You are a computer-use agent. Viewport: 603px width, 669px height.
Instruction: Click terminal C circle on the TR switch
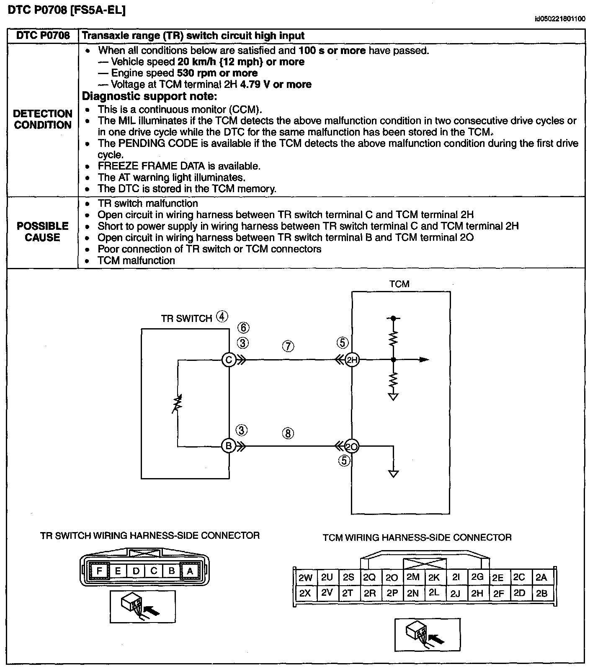[229, 360]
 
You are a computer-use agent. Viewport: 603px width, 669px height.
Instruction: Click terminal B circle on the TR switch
[229, 446]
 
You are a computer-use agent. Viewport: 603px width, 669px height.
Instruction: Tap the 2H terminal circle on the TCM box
[353, 360]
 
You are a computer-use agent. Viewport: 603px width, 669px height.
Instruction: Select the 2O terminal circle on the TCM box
[353, 447]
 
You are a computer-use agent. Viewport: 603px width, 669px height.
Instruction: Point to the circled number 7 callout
[288, 346]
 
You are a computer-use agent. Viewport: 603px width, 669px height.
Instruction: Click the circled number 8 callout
[288, 433]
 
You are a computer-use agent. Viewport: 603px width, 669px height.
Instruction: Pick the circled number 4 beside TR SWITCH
[222, 317]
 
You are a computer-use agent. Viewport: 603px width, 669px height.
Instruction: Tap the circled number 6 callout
[243, 328]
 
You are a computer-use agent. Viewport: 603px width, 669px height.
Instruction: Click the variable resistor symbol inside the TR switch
[178, 404]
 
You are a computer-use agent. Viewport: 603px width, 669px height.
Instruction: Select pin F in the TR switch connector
[99, 571]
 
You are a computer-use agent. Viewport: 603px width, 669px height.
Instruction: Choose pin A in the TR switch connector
[190, 571]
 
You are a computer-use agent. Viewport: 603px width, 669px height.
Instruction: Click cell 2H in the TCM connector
[477, 593]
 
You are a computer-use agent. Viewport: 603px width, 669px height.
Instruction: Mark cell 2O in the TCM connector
[392, 578]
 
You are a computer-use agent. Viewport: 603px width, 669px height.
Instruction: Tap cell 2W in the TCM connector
[305, 578]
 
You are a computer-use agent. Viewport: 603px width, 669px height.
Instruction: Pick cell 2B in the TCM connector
[541, 593]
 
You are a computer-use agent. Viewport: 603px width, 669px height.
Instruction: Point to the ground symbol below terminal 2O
[393, 474]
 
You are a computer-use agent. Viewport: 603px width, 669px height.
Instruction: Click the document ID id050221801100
[559, 19]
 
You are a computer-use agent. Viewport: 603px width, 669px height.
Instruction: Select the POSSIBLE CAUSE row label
[43, 232]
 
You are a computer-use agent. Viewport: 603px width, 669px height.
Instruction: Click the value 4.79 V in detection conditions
[255, 85]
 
